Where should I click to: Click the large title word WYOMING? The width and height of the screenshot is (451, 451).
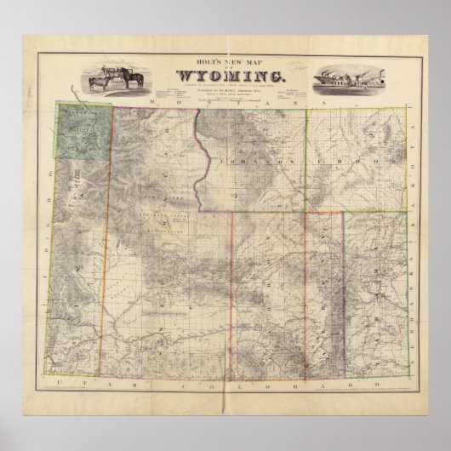pyautogui.click(x=225, y=79)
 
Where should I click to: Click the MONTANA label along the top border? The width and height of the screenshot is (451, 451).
pyautogui.click(x=225, y=103)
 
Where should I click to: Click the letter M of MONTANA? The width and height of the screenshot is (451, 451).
pyautogui.click(x=148, y=103)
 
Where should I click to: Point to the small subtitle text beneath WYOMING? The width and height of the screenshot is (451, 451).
pyautogui.click(x=225, y=92)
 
